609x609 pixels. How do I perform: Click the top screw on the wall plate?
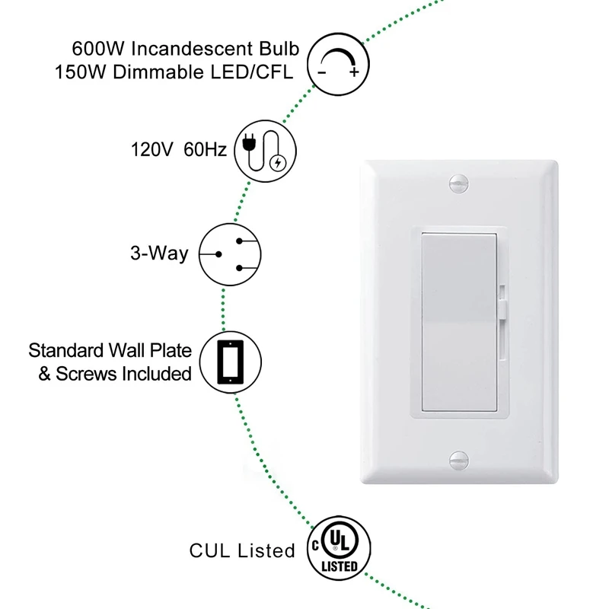459,183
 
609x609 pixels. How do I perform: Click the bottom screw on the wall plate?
459,461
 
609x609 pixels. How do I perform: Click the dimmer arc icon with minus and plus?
338,64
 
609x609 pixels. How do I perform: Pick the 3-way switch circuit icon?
230,254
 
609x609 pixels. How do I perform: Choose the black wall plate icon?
231,362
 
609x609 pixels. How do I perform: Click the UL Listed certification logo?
339,548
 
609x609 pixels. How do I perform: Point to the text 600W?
98,49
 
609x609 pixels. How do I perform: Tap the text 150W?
80,72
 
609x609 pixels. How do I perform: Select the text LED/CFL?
252,72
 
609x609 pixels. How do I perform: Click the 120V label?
151,149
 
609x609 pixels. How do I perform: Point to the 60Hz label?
205,149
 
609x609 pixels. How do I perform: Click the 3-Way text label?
159,253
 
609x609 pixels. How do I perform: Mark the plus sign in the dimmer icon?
354,72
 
